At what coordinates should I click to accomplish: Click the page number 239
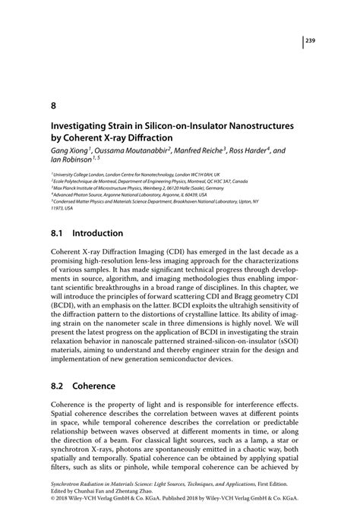(311, 42)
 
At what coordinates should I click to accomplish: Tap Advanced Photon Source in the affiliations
(76, 196)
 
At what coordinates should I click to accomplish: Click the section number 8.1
(58, 233)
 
